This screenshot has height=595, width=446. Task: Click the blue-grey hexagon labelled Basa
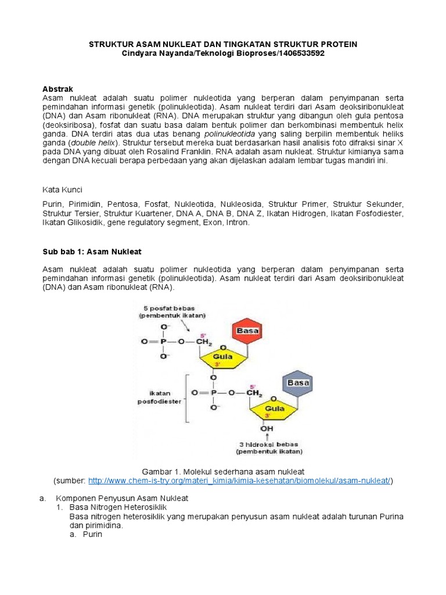[x=297, y=383]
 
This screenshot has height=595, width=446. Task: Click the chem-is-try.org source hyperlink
[x=240, y=481]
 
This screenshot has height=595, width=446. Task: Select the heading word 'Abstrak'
[x=57, y=89]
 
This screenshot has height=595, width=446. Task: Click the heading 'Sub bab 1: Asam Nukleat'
[x=92, y=251]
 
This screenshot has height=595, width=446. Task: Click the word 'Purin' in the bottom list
[x=92, y=534]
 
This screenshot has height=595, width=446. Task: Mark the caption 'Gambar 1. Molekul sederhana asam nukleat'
[x=223, y=471]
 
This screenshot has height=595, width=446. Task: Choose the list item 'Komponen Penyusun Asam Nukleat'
[x=122, y=499]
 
